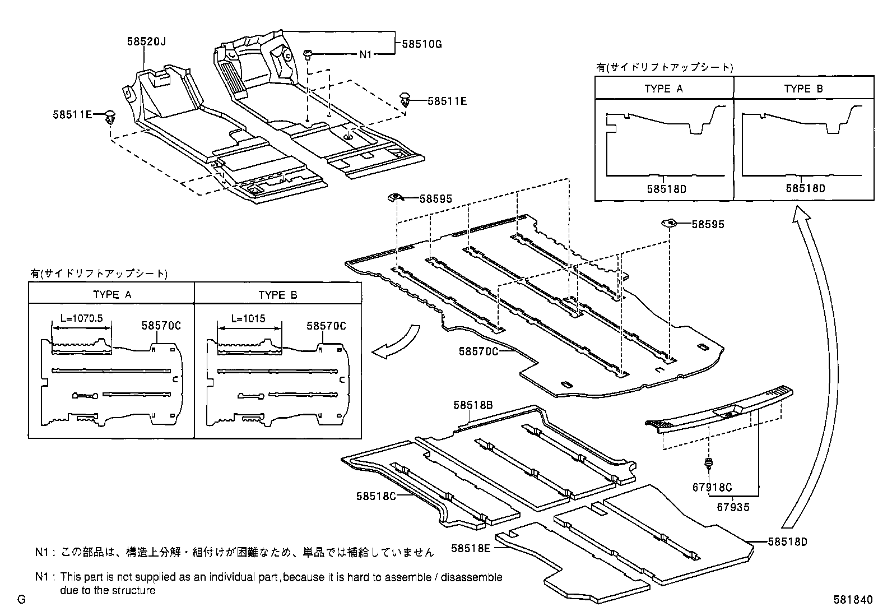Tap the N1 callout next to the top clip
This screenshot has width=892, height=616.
pos(365,54)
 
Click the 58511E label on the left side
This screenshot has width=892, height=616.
pos(72,114)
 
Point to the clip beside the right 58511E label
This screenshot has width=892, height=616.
pos(405,100)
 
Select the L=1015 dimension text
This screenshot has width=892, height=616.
pos(249,318)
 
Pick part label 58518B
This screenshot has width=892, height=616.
pos(473,405)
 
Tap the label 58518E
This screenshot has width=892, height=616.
pos(471,548)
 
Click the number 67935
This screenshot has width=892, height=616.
pos(733,507)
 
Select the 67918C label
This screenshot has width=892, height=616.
pos(712,488)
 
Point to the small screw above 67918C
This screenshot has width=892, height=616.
pos(709,464)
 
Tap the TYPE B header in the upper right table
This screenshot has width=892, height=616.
pos(803,89)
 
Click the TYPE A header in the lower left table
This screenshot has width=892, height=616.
pos(112,295)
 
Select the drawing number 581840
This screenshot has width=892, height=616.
pos(853,600)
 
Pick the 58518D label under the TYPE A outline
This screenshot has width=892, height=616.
pos(666,189)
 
